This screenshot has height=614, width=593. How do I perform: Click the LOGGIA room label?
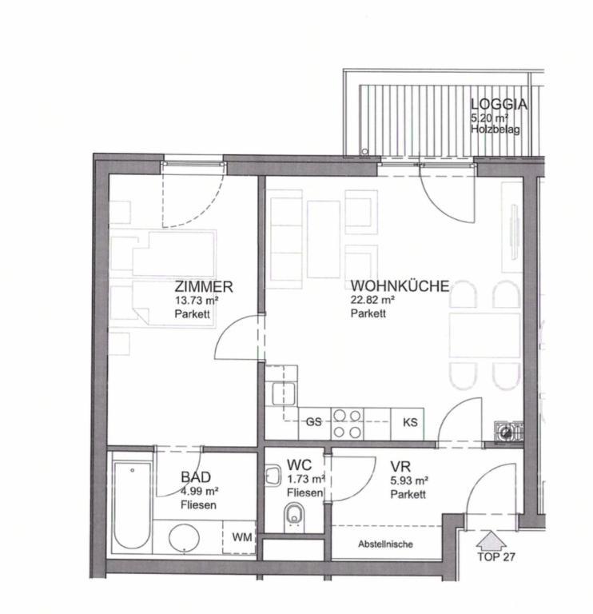pos(499,104)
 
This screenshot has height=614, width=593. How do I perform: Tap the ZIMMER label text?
pos(204,287)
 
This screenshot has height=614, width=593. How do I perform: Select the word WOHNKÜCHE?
pos(400,286)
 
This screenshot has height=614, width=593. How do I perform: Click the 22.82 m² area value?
pos(372,301)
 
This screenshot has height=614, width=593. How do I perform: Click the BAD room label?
pos(196,477)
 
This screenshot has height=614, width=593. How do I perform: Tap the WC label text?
pos(299,465)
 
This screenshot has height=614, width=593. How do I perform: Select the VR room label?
pos(400,467)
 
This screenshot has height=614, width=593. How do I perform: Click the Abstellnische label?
pos(385,544)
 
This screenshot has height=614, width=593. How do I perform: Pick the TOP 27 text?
pos(496,556)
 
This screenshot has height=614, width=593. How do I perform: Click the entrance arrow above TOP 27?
pos(491,540)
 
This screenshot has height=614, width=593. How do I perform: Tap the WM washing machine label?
pos(242,537)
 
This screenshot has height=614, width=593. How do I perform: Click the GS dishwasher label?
pos(313,422)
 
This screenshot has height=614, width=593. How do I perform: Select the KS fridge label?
pos(410,422)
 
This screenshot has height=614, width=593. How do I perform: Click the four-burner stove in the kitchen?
pos(348,423)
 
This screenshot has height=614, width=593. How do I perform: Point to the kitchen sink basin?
pos(284,394)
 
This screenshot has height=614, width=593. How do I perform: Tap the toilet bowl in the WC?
pos(294,516)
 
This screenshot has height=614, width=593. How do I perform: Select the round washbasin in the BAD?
pos(184,537)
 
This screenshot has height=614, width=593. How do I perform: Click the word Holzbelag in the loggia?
pos(495,130)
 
